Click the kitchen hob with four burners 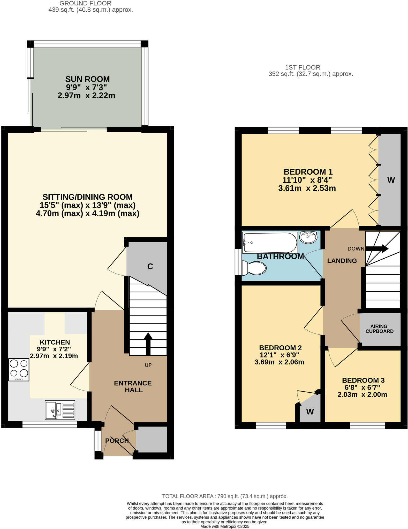19,369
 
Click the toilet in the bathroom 254,268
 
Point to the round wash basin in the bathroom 308,237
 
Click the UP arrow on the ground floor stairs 148,344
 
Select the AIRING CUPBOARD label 379,329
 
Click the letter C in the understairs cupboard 150,266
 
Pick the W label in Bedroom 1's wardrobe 391,180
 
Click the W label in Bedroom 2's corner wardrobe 310,412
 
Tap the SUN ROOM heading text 87,79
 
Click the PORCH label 117,440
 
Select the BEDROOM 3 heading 363,380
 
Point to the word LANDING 342,261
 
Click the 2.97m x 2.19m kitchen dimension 54,356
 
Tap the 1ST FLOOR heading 303,67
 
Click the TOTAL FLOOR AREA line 224,496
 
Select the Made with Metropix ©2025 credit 225,526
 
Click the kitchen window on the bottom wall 50,424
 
